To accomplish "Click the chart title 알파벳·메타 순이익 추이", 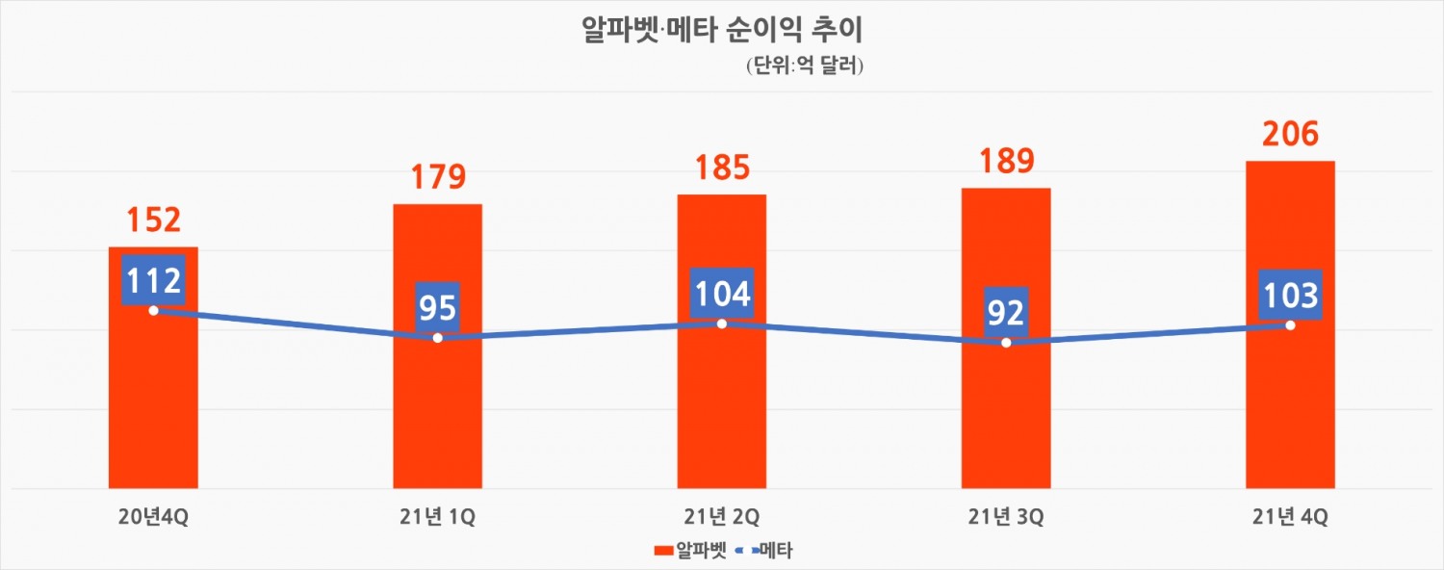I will (722, 29).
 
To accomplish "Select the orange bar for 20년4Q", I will (153, 404).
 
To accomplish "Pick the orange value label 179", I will (437, 177).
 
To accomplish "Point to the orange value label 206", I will (1290, 134).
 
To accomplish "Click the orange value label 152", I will (153, 220).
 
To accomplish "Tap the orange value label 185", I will (721, 168).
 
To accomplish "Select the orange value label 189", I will (1005, 161).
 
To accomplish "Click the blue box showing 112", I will (153, 280).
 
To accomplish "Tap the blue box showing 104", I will (721, 293).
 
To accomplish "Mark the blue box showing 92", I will (1005, 312).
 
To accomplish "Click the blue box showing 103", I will (1290, 295).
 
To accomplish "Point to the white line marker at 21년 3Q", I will (1006, 343).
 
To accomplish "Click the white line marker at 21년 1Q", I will (438, 338).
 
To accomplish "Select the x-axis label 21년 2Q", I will (721, 517).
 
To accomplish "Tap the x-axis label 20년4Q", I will (153, 517).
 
